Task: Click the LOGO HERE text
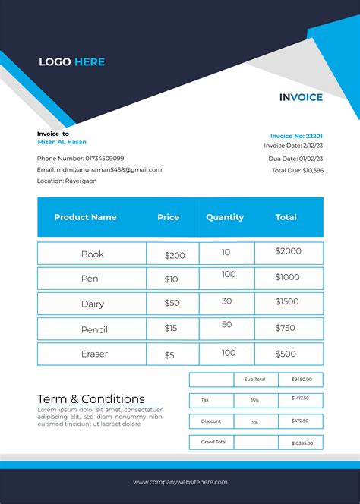coord(71,62)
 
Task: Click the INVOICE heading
coord(301,97)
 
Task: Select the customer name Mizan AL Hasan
coord(62,142)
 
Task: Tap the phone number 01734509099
coord(81,158)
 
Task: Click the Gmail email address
coord(99,170)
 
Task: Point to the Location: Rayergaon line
coord(67,181)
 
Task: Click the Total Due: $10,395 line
coord(298,170)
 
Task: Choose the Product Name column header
coord(85,217)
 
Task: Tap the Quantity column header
coord(225,217)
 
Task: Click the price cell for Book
coord(175,256)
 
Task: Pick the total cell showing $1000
coord(288,277)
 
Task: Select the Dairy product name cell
coord(93,304)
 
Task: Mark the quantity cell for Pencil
coord(226,325)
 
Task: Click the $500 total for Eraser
coord(286,354)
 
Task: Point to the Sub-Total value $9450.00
coord(301,379)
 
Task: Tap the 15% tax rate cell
coord(254,400)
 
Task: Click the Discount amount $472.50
coord(300,421)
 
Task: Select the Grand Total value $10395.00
coord(301,443)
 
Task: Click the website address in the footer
coord(180,482)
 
